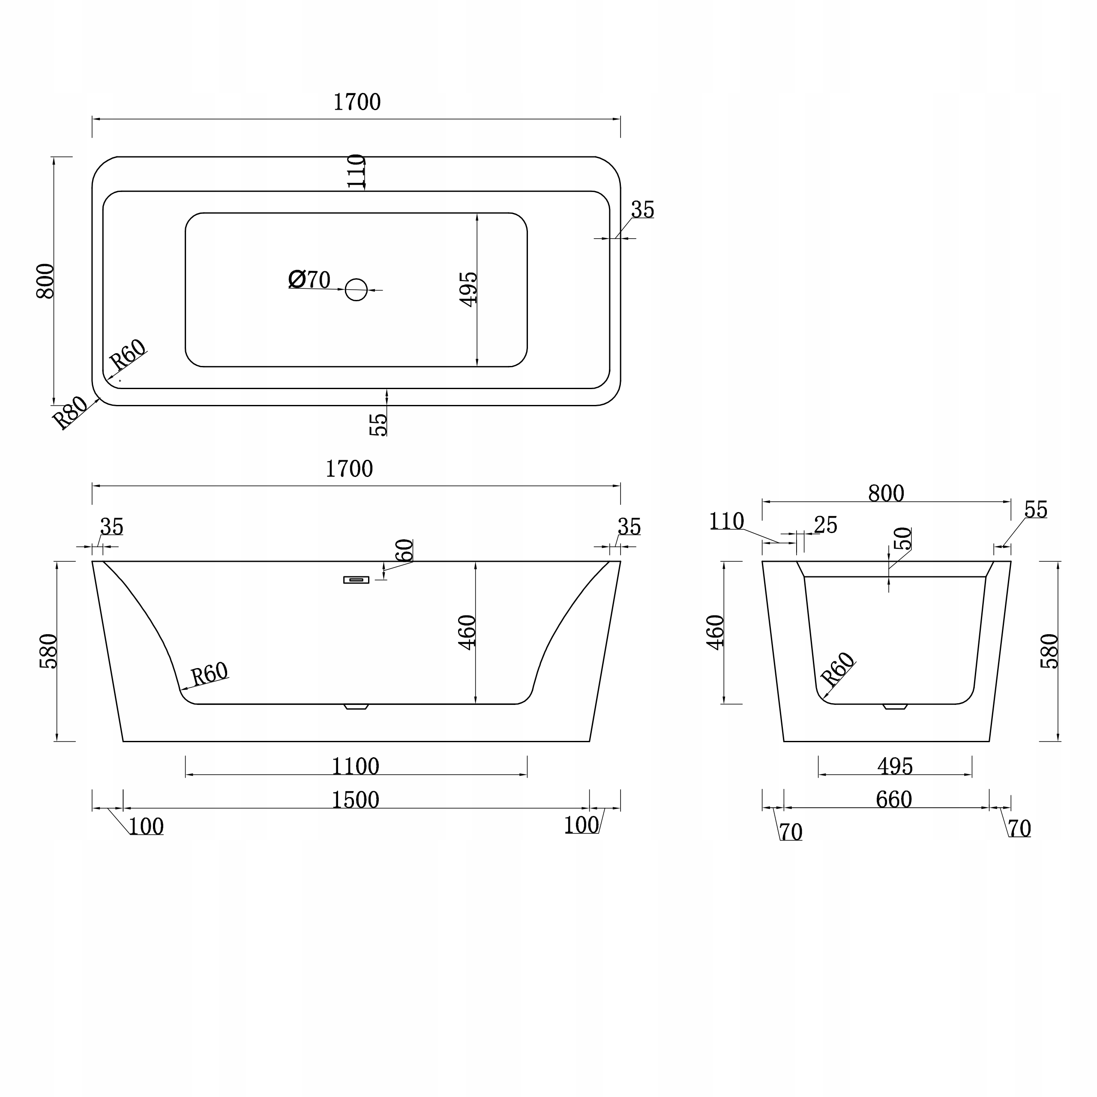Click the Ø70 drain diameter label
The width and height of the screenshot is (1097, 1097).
pos(309,279)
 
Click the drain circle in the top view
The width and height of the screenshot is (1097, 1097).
pos(357,290)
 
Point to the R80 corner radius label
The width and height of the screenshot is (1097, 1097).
pos(70,412)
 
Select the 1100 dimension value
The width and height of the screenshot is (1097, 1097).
pos(355,767)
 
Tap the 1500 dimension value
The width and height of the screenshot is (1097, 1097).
pos(355,800)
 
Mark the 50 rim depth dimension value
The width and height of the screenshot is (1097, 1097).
pos(902,538)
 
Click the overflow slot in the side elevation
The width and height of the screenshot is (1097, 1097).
pos(356,580)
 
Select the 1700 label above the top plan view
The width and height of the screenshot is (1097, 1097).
pos(357,102)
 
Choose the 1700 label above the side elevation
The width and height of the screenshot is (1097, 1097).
pos(349,469)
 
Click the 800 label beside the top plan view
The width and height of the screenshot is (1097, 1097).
pos(45,281)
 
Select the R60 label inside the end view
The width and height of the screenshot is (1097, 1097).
pos(837,668)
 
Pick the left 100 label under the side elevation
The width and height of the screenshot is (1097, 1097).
pos(146,827)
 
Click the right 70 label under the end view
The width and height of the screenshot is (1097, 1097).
pos(1019,829)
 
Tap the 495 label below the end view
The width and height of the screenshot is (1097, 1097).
pos(895,767)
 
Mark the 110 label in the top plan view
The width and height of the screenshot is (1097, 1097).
pos(356,171)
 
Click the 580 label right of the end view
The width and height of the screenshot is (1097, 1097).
pos(1050,651)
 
